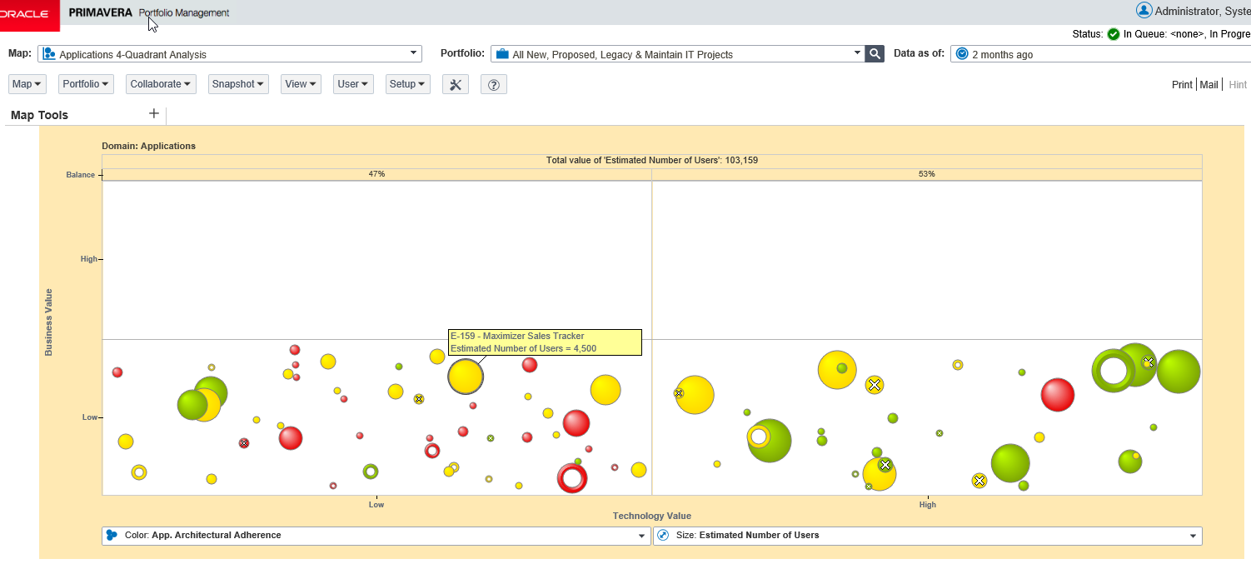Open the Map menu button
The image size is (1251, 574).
(x=27, y=84)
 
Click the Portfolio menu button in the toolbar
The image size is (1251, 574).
(x=86, y=84)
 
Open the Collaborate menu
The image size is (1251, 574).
(x=161, y=84)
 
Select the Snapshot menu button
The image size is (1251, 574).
(x=238, y=84)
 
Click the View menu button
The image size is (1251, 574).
(x=301, y=84)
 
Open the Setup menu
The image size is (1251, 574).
(x=407, y=84)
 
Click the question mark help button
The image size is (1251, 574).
(x=494, y=85)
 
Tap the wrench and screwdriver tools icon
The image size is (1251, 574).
(x=455, y=85)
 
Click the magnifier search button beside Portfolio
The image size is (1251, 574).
(x=875, y=54)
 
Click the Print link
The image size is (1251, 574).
(x=1182, y=85)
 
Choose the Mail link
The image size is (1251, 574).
(x=1209, y=85)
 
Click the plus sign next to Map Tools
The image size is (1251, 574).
(x=153, y=114)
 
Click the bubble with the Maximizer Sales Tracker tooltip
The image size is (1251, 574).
(x=466, y=377)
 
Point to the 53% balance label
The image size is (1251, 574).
(x=926, y=174)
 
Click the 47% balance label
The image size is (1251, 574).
(x=376, y=174)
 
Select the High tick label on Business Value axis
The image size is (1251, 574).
(x=88, y=259)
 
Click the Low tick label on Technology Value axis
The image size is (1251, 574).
(x=376, y=504)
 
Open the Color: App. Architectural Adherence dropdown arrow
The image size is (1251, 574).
(x=641, y=536)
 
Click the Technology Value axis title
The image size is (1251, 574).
(x=651, y=516)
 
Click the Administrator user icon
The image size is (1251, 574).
(x=1144, y=10)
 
